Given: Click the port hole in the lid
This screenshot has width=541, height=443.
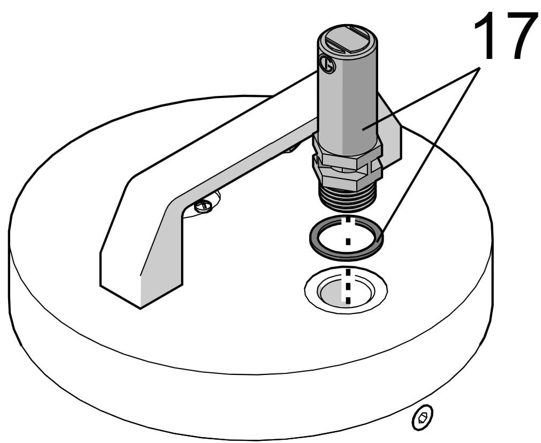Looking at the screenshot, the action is [x=345, y=290].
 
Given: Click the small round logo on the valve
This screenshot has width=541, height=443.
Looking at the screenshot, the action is [x=327, y=64].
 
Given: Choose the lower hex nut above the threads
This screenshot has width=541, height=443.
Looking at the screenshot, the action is [x=347, y=178].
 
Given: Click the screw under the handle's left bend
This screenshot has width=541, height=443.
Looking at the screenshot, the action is [x=203, y=206].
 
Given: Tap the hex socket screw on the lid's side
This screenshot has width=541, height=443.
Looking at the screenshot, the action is [x=423, y=417].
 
